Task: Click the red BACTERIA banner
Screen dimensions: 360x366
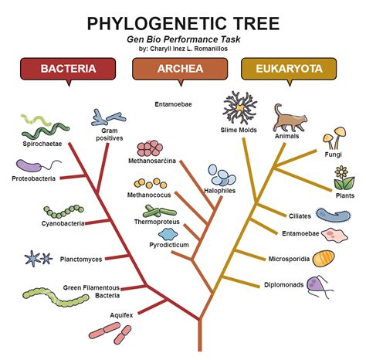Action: point(69,69)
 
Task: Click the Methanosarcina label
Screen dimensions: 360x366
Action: point(152,161)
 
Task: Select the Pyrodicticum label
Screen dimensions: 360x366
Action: point(168,245)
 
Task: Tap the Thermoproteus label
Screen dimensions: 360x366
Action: point(157,222)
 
